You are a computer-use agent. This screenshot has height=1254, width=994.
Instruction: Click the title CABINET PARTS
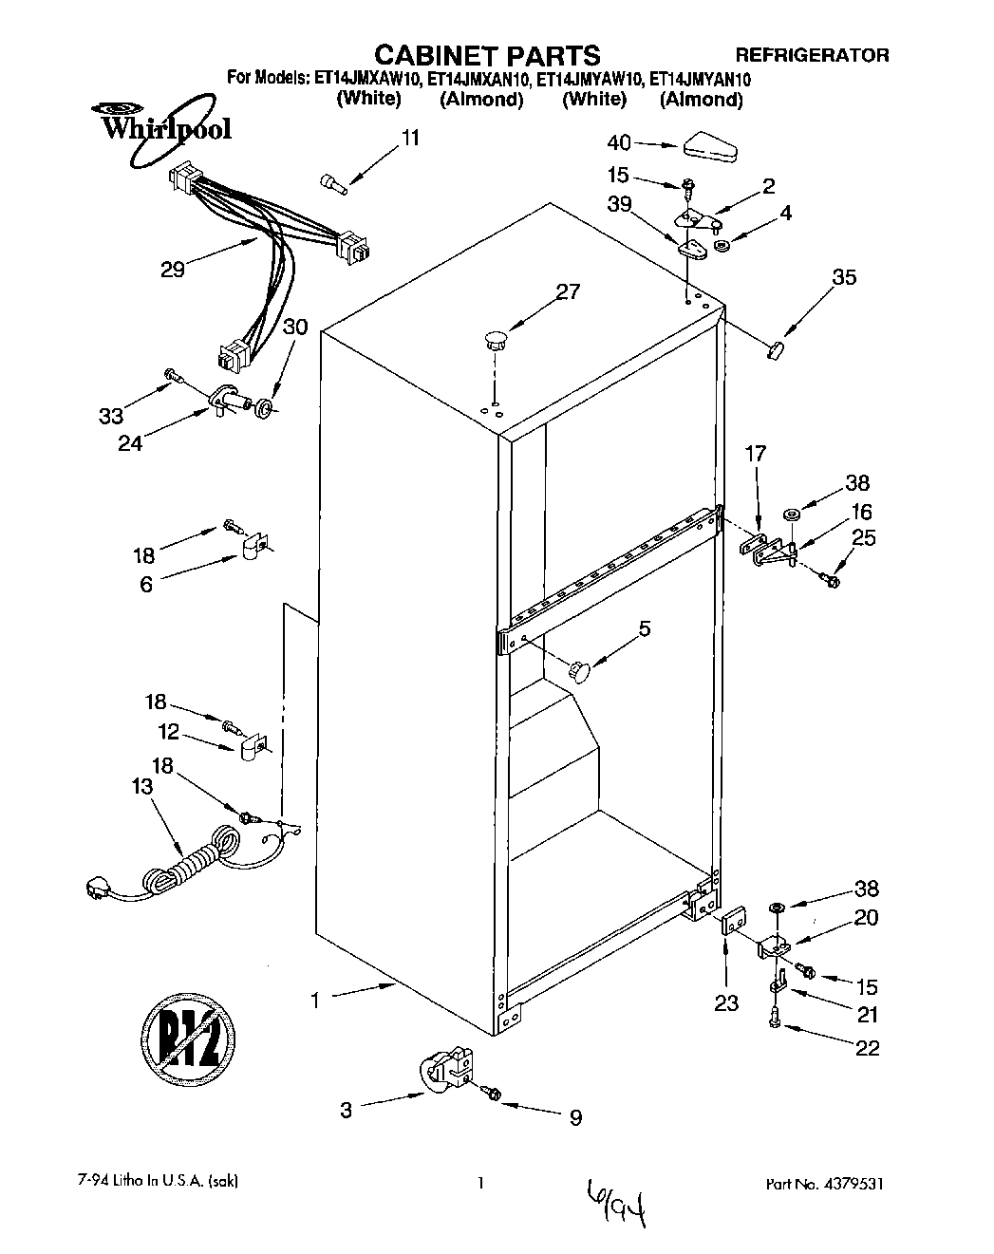pos(485,54)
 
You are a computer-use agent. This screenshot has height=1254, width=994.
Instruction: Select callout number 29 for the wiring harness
pos(172,269)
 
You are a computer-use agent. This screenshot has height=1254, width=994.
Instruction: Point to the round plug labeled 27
pos(494,337)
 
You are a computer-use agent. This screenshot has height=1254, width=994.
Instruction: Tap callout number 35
pos(843,277)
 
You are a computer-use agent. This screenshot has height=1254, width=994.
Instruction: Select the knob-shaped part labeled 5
pos(579,670)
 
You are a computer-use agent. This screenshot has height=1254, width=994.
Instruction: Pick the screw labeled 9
pos(494,1094)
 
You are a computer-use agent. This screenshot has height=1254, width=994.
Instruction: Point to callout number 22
pos(867,1048)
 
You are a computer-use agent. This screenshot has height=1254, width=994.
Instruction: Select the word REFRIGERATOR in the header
pos(813,55)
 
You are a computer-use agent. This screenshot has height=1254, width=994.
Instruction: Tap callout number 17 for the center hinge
pos(756,454)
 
